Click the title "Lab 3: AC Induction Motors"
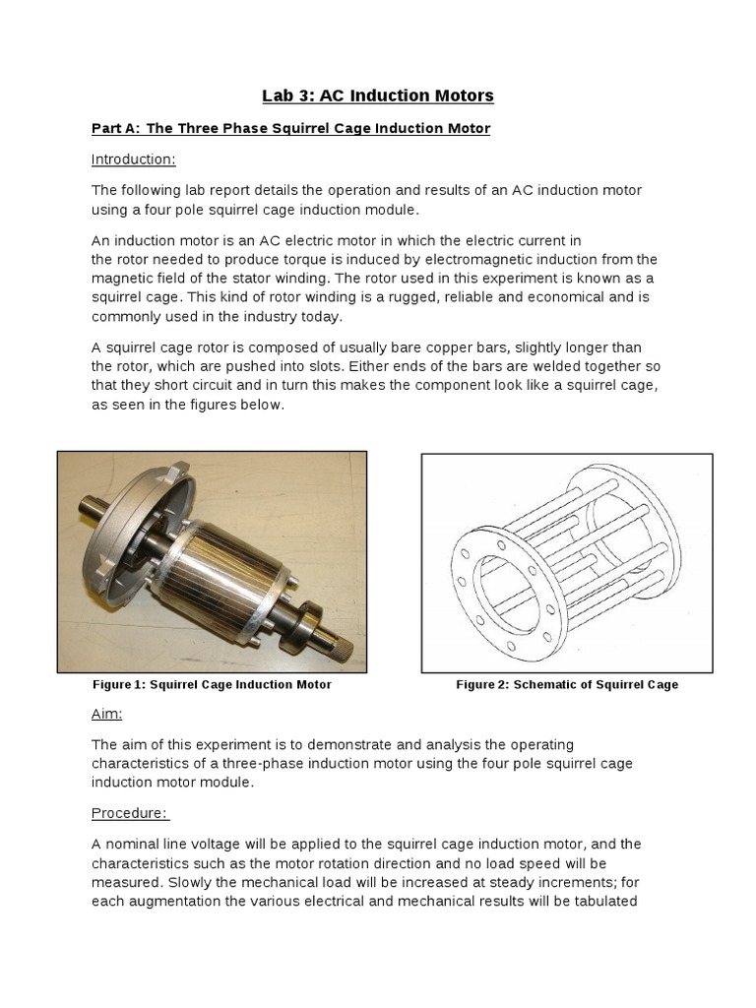[x=378, y=95]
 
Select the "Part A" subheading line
[x=290, y=129]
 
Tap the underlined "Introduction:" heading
[x=134, y=159]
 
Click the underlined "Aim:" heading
[x=107, y=714]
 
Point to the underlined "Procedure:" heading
[x=130, y=813]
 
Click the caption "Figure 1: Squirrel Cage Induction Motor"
[x=212, y=685]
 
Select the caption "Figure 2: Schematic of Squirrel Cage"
[x=567, y=685]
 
